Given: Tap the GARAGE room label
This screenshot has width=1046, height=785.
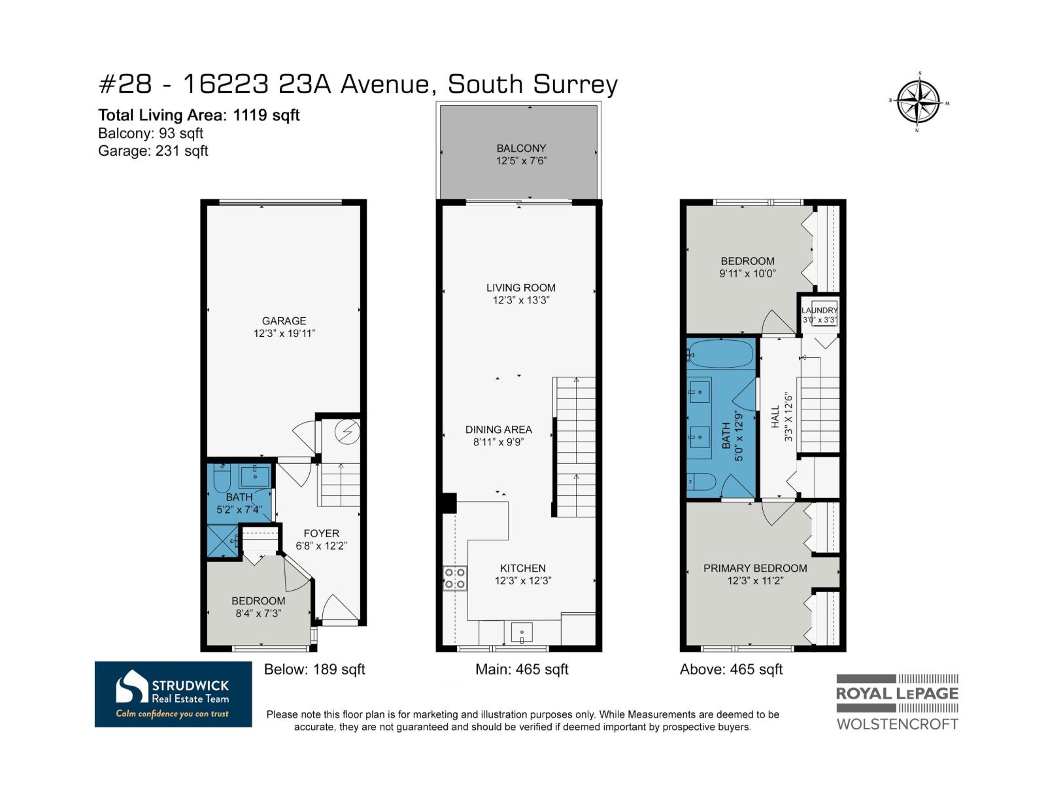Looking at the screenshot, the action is point(284,321).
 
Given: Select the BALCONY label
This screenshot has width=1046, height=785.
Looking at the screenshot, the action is point(521,148).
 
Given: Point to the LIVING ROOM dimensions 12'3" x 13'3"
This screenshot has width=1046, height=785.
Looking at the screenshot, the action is point(521,300).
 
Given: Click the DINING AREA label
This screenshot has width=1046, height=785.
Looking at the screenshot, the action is point(498,429).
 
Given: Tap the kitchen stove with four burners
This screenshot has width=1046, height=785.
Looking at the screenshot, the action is point(455,578).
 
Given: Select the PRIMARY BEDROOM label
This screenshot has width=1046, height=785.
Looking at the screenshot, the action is point(755,568).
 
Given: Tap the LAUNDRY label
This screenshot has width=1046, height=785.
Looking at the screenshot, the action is point(819,310).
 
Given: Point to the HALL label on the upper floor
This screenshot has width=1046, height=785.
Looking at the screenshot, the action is point(775,416).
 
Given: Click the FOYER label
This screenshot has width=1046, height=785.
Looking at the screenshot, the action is point(322,533).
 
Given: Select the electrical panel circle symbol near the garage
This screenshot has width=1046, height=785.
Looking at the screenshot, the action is point(347,432).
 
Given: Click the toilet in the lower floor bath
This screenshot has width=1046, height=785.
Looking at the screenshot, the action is point(222,478).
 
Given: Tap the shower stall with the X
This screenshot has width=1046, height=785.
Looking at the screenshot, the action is point(222,540).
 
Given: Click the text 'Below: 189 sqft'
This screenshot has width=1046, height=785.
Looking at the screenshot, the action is point(314,669).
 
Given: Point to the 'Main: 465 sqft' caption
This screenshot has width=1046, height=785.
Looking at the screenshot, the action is point(522,669).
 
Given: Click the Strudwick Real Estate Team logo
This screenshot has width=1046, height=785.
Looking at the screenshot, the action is point(173,694).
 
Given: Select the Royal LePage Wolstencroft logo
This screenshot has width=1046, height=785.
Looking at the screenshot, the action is point(898,702).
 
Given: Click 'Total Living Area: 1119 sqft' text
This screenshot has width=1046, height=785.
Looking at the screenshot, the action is point(199,115).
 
